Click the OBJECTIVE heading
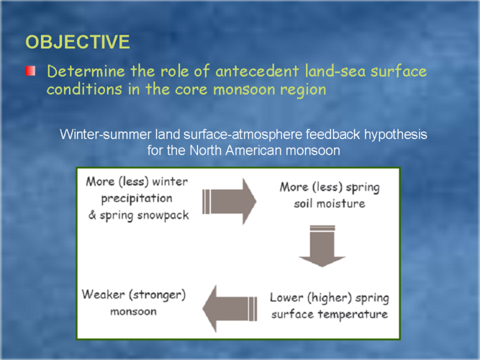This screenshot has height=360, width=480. click(78, 42)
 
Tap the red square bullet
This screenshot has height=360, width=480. click(30, 71)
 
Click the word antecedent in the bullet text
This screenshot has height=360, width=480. click(257, 71)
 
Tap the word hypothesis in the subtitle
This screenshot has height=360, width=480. click(396, 135)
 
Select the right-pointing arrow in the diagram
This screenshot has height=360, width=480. click(230, 202)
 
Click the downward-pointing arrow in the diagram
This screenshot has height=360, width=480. click(322, 246)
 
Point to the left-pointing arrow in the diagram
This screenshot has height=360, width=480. click(230, 309)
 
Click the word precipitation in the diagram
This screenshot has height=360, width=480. click(137, 199)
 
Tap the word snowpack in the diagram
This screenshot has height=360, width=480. click(163, 215)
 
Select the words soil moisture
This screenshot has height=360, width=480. click(330, 204)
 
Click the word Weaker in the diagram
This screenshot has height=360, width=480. click(103, 294)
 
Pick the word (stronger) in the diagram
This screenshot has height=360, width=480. click(158, 295)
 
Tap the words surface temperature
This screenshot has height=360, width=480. click(330, 314)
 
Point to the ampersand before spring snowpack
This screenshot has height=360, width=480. click(92, 215)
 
